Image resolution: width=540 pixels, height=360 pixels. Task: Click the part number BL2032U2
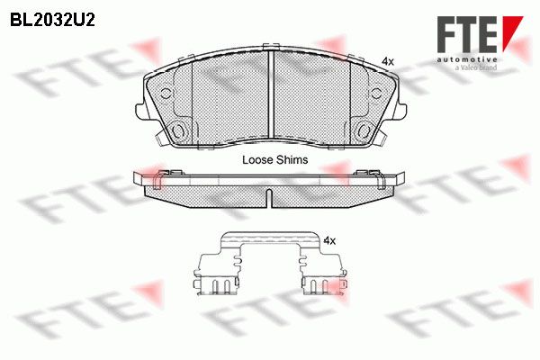pos(52,21)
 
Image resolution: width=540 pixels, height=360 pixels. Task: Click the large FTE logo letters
pos(467,34)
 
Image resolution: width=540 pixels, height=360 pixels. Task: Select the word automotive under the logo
pos(467,59)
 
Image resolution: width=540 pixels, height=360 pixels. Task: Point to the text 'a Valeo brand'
pos(476,67)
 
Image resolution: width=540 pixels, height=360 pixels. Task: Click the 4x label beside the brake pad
pos(388,62)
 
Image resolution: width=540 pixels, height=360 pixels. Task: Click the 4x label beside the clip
pos(329,241)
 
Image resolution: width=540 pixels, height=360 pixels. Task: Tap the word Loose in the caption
pos(257,160)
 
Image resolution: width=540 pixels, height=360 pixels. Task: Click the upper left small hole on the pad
pos(166,94)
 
